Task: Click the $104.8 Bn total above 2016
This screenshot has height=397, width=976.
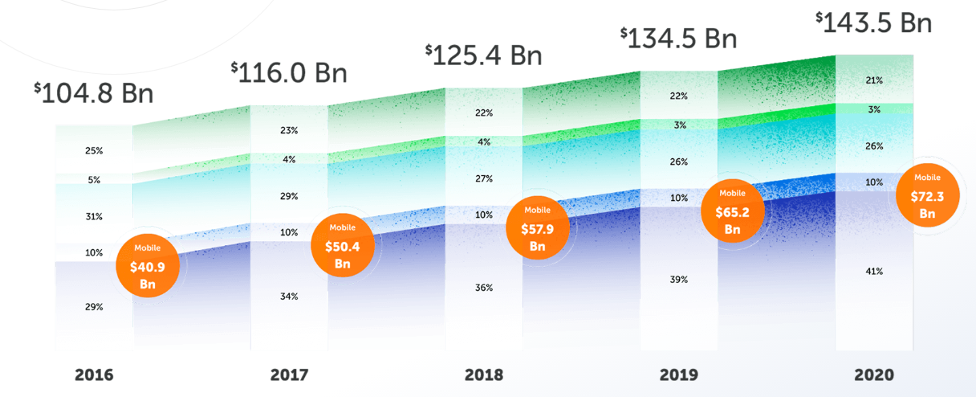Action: pos(93,94)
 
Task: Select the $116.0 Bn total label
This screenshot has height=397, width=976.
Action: pos(289,73)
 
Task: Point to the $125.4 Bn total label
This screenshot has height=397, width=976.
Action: pos(484,55)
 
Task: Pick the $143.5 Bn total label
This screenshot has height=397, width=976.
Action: pos(873,22)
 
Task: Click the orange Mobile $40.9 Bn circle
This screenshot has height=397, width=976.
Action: pos(148,266)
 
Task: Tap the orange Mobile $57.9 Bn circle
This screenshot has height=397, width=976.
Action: pos(538,227)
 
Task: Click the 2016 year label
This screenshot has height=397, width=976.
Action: pos(95,374)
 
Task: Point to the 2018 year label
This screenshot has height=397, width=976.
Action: pos(484,374)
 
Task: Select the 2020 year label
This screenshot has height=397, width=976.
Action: pos(874,374)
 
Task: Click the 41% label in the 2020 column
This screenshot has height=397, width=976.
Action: pos(874,272)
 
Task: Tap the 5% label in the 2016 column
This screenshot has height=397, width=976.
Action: pos(94,180)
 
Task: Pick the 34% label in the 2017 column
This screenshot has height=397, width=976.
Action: pos(289,297)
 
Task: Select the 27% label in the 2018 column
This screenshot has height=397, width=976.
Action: pos(484,178)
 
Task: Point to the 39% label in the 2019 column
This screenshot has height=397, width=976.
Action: pos(679,280)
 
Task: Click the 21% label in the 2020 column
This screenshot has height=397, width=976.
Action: pos(874,80)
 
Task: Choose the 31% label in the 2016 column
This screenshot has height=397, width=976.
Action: pos(94,216)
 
